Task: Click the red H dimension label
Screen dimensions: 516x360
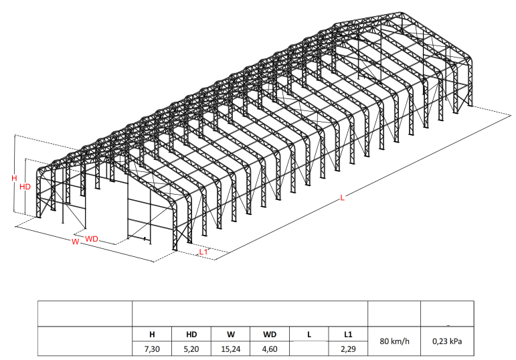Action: pyautogui.click(x=14, y=179)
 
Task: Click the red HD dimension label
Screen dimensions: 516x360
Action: pyautogui.click(x=25, y=187)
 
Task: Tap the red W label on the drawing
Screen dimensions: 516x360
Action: pyautogui.click(x=76, y=242)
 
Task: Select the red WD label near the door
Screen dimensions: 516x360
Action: pyautogui.click(x=92, y=240)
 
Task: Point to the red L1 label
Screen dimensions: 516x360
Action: pyautogui.click(x=203, y=252)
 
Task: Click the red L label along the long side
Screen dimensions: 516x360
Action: pyautogui.click(x=342, y=198)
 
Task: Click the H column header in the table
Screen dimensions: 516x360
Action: pyautogui.click(x=152, y=335)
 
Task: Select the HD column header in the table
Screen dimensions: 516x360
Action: pyautogui.click(x=191, y=335)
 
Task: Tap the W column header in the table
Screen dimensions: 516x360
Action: pyautogui.click(x=231, y=335)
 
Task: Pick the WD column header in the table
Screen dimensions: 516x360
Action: pyautogui.click(x=270, y=335)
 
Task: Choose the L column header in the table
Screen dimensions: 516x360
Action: pyautogui.click(x=309, y=335)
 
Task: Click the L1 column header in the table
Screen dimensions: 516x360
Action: pyautogui.click(x=348, y=335)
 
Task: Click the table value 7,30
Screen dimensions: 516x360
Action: pyautogui.click(x=152, y=349)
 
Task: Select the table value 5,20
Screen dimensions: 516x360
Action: pyautogui.click(x=191, y=349)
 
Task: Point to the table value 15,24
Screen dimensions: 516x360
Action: pyautogui.click(x=231, y=349)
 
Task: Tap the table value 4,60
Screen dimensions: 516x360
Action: pyautogui.click(x=270, y=349)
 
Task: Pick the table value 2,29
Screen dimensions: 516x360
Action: pyautogui.click(x=348, y=349)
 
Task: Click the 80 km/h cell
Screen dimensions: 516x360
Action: pyautogui.click(x=394, y=341)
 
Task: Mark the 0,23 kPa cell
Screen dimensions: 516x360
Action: pyautogui.click(x=447, y=341)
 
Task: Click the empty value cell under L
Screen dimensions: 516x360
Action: pyautogui.click(x=309, y=349)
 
